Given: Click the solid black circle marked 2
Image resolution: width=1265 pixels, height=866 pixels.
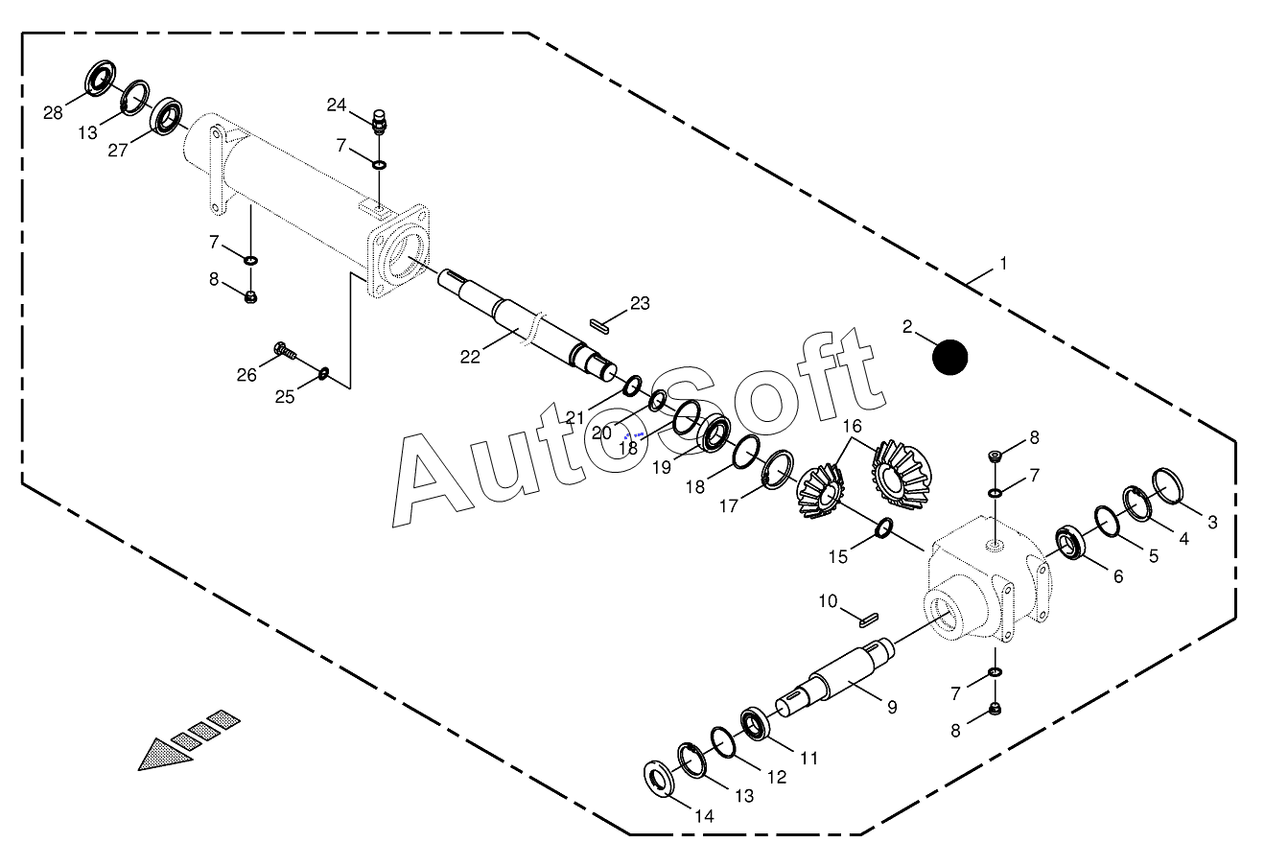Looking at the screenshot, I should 950,357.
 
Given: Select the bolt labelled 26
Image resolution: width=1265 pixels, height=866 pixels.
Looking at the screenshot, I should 283,351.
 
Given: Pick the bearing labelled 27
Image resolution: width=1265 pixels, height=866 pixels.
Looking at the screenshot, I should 171,115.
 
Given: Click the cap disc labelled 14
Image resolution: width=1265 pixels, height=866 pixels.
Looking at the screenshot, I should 661,778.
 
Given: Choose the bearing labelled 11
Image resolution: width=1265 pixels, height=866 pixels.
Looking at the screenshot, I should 757,723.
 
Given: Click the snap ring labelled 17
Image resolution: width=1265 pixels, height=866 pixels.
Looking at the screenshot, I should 778,468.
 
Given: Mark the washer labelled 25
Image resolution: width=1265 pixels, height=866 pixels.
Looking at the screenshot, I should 323,372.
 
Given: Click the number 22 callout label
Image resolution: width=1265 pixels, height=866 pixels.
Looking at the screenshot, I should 470,357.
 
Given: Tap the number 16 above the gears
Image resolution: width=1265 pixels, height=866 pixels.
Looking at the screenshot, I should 852,425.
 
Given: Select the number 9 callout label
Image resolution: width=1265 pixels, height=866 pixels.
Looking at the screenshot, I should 892,707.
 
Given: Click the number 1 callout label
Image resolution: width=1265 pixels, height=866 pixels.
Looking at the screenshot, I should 1003,262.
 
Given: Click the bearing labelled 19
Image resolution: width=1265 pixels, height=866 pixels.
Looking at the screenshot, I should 714,434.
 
